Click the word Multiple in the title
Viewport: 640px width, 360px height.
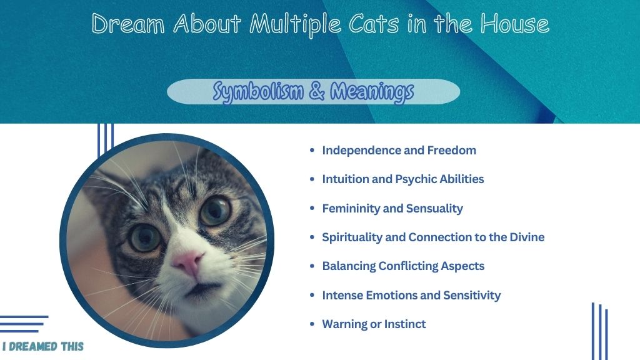click(296, 24)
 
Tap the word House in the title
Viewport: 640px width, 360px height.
click(515, 23)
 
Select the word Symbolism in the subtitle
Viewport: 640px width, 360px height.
click(258, 92)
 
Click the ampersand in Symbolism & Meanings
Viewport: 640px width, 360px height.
click(317, 91)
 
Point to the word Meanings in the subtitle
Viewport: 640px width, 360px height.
click(372, 92)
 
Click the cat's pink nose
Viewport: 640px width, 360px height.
click(187, 262)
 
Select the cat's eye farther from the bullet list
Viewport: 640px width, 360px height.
click(146, 237)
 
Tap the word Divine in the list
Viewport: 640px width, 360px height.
click(527, 237)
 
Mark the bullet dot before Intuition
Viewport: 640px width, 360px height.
click(312, 179)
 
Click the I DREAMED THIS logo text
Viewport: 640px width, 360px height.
click(43, 346)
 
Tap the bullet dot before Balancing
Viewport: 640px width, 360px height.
click(312, 266)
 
